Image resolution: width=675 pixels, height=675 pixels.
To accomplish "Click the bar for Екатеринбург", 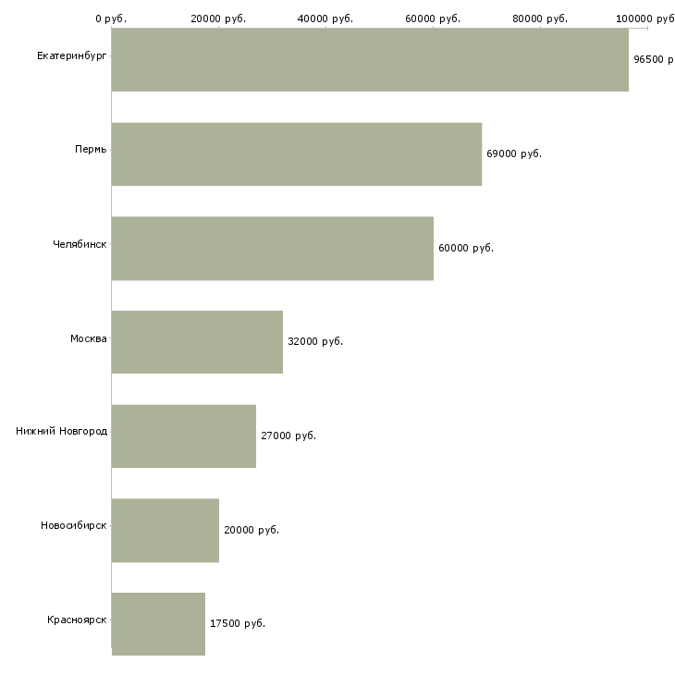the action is [x=370, y=59].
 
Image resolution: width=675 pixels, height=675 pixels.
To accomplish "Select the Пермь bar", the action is [x=297, y=154].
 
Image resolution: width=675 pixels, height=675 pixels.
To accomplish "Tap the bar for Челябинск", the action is [x=273, y=249].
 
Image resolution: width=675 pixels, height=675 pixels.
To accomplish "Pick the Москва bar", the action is [x=197, y=342].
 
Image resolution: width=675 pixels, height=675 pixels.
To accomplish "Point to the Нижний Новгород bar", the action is [x=184, y=436].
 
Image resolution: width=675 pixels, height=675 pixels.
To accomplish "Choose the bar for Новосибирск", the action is [x=166, y=531].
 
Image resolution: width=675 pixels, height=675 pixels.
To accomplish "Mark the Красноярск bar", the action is [x=158, y=624].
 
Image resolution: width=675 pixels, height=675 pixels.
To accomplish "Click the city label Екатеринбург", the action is [x=71, y=56].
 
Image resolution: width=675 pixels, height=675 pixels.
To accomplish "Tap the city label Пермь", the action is [x=91, y=150].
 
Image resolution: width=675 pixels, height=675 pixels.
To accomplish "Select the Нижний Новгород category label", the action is [x=62, y=431].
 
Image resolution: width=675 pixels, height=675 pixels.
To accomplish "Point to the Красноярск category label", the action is [x=77, y=620].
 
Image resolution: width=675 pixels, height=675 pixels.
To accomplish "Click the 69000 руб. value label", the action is [x=514, y=153].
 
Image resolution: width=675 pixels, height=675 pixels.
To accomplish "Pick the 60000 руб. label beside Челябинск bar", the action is [x=466, y=248].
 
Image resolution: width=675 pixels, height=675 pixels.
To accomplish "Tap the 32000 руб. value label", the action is [x=315, y=341].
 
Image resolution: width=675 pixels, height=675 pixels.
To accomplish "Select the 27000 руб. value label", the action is [x=288, y=436].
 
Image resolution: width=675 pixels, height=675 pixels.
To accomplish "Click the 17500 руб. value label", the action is [x=238, y=623].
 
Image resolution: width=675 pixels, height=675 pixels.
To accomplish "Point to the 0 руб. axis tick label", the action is [x=111, y=18].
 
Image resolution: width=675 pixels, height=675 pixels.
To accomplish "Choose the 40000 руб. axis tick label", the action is [x=325, y=18].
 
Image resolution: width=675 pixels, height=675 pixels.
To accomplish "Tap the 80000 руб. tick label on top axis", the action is [x=540, y=18].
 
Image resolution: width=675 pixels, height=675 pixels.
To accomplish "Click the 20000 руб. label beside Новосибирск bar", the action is [x=252, y=530].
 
